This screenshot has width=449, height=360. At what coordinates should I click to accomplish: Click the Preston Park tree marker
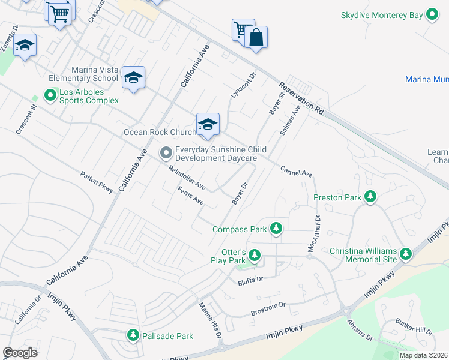(x=371, y=197)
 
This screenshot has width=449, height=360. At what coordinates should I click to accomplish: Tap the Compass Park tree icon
(x=276, y=229)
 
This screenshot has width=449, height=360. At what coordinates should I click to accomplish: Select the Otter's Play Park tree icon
(x=255, y=256)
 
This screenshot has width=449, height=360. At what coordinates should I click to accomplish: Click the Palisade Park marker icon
(x=133, y=335)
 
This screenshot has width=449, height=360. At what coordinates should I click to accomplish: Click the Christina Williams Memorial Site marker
(x=406, y=254)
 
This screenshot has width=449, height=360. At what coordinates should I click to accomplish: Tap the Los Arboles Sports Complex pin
(x=51, y=95)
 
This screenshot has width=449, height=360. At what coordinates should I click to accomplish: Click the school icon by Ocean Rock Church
(x=208, y=124)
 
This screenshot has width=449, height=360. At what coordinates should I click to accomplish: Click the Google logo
(x=20, y=353)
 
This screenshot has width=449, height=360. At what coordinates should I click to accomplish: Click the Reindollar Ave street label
(x=187, y=178)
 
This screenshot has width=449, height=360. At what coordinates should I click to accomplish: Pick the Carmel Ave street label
(x=297, y=172)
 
